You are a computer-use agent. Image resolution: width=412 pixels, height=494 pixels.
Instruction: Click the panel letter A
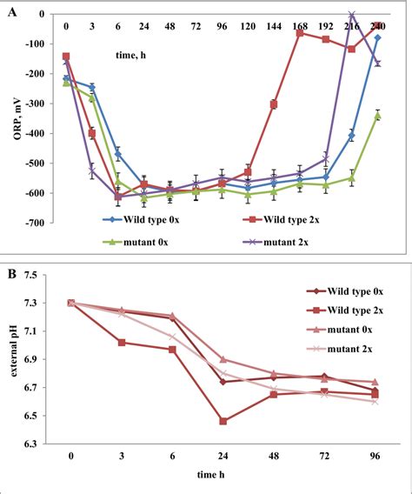(x=10, y=12)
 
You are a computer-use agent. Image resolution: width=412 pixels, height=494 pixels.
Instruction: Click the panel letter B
(x=10, y=274)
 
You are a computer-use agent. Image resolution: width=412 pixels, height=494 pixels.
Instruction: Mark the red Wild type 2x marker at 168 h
(x=300, y=32)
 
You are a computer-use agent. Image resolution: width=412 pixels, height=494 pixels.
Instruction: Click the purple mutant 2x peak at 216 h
(x=351, y=14)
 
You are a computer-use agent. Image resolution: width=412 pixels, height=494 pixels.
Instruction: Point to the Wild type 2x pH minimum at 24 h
(x=223, y=421)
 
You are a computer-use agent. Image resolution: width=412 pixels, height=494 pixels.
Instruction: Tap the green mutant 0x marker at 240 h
(x=377, y=116)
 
